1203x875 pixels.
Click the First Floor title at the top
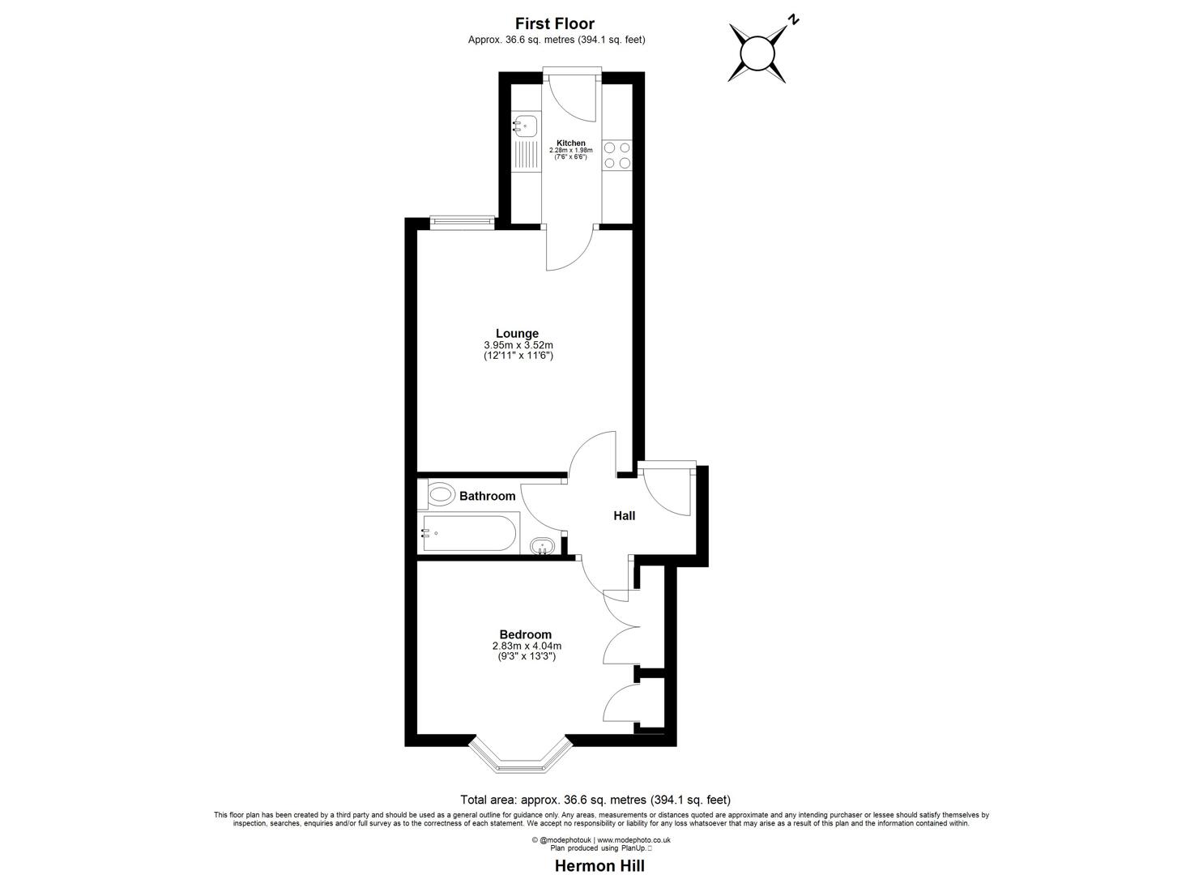556,24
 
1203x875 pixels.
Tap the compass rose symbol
758,53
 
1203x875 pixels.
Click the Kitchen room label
570,143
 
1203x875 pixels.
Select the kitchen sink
524,126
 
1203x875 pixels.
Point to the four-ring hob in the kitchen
617,155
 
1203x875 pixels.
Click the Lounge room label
517,334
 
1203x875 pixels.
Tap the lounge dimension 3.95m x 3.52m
517,345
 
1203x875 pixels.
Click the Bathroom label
487,496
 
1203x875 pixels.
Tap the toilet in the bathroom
438,493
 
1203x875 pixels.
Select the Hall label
624,515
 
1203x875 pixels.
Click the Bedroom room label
525,634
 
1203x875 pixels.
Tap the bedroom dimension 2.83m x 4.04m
527,646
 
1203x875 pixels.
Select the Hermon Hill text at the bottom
599,865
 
